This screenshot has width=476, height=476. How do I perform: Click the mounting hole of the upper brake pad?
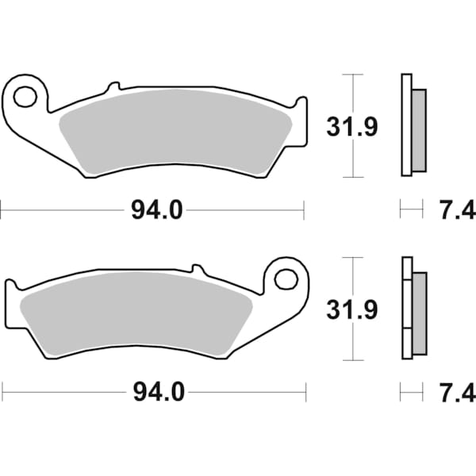pyautogui.click(x=25, y=97)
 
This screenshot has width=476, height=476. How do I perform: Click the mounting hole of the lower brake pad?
pyautogui.click(x=285, y=278)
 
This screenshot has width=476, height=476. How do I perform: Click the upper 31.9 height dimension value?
pyautogui.click(x=347, y=125)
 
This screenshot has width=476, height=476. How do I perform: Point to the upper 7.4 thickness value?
pyautogui.click(x=456, y=210)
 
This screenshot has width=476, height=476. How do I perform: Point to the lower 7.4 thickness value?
pyautogui.click(x=456, y=392)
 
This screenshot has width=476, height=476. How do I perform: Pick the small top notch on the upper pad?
pyautogui.click(x=113, y=85)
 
